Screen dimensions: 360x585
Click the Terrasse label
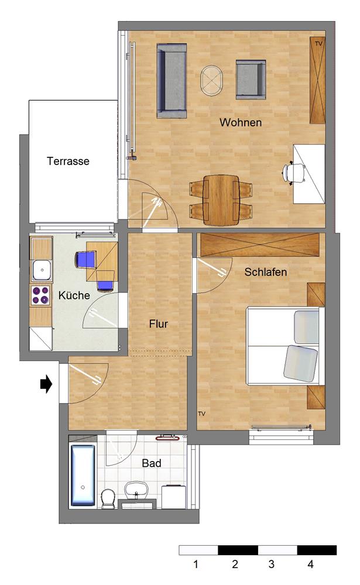[68, 161]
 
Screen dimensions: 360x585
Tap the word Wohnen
[241, 122]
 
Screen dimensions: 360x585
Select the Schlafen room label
[266, 272]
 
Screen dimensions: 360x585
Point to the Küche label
[74, 295]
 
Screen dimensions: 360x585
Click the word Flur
[158, 324]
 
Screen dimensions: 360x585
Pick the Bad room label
[152, 463]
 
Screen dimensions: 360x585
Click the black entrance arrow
[46, 384]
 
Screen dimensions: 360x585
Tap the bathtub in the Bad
[83, 475]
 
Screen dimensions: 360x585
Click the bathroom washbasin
[136, 490]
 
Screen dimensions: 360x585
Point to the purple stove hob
[41, 295]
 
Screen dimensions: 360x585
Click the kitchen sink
[42, 270]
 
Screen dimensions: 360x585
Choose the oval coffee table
[211, 81]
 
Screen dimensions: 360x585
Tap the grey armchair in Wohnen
[251, 80]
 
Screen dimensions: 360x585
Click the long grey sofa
[172, 81]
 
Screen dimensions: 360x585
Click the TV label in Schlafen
[202, 414]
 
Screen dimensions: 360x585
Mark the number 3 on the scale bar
[272, 564]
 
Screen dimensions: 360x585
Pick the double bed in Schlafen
[285, 346]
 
